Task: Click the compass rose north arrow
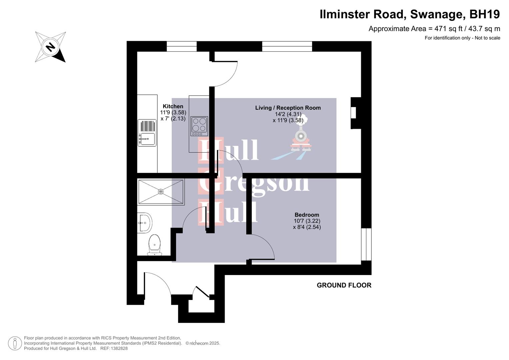point(50,47)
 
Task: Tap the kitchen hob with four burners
point(199,126)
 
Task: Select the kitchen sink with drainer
point(147,133)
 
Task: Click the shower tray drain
point(161,192)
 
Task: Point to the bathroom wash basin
point(145,223)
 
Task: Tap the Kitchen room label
point(173,106)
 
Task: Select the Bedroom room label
point(307,215)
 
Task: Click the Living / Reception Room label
point(288,108)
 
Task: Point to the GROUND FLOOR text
point(344,285)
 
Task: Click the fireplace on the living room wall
point(355,113)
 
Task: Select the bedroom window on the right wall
point(366,244)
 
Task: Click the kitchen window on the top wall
point(181,46)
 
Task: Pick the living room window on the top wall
point(287,46)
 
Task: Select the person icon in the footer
point(15,343)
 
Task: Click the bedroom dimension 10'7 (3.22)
point(307,221)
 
